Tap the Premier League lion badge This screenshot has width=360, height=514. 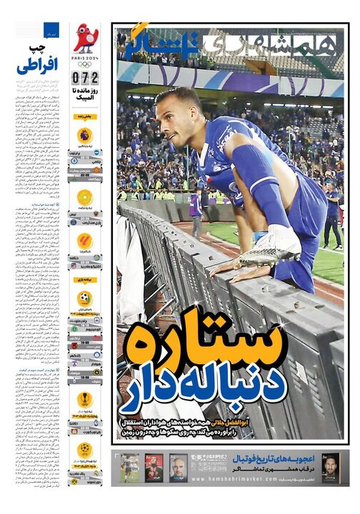[84, 134]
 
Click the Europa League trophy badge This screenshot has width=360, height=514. [84, 400]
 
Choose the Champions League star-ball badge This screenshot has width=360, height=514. [84, 449]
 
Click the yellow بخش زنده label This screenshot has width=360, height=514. [85, 115]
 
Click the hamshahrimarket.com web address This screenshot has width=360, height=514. [208, 479]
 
